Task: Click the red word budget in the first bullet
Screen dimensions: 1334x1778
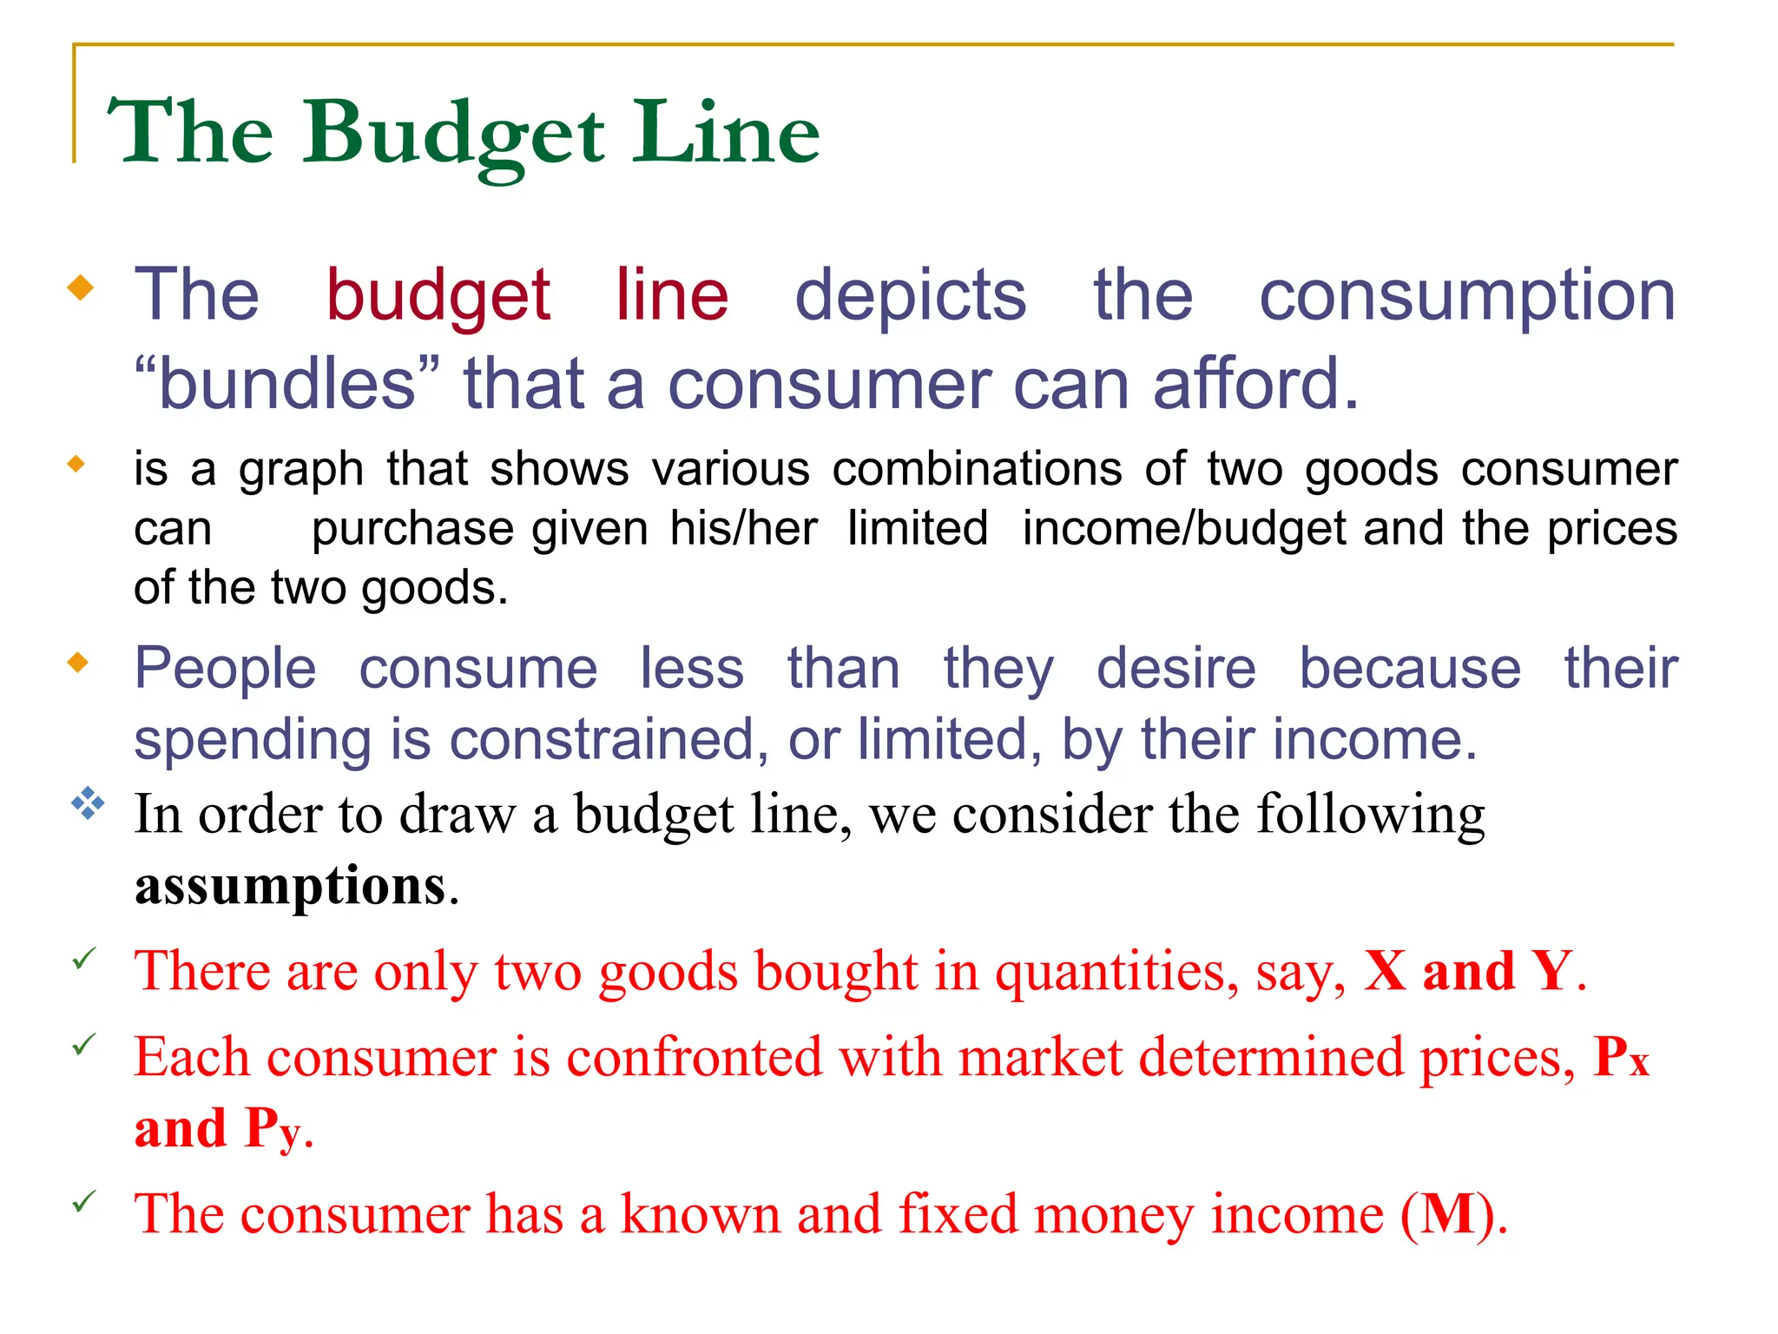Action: [x=438, y=296]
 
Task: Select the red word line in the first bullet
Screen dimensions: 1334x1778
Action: [x=671, y=294]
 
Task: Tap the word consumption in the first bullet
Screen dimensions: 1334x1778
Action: [x=1467, y=296]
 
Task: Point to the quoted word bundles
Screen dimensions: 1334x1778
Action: [x=287, y=384]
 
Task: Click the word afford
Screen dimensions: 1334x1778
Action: [x=1254, y=384]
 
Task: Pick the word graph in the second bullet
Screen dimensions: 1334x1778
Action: [x=300, y=471]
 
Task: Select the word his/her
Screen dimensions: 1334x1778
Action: [x=743, y=528]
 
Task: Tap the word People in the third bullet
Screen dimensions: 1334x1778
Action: [x=225, y=669]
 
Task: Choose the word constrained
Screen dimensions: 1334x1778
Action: [x=608, y=740]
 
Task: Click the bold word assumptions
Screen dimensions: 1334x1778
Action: [x=290, y=886]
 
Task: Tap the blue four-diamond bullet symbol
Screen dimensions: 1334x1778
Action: [x=88, y=803]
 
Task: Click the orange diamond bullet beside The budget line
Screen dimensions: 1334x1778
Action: [x=80, y=287]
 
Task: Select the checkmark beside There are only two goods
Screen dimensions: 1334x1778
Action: [x=84, y=960]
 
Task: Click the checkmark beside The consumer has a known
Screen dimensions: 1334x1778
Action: [x=84, y=1203]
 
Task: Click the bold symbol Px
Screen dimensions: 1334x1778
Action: [x=1620, y=1058]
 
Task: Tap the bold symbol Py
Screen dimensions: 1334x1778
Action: [x=273, y=1129]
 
